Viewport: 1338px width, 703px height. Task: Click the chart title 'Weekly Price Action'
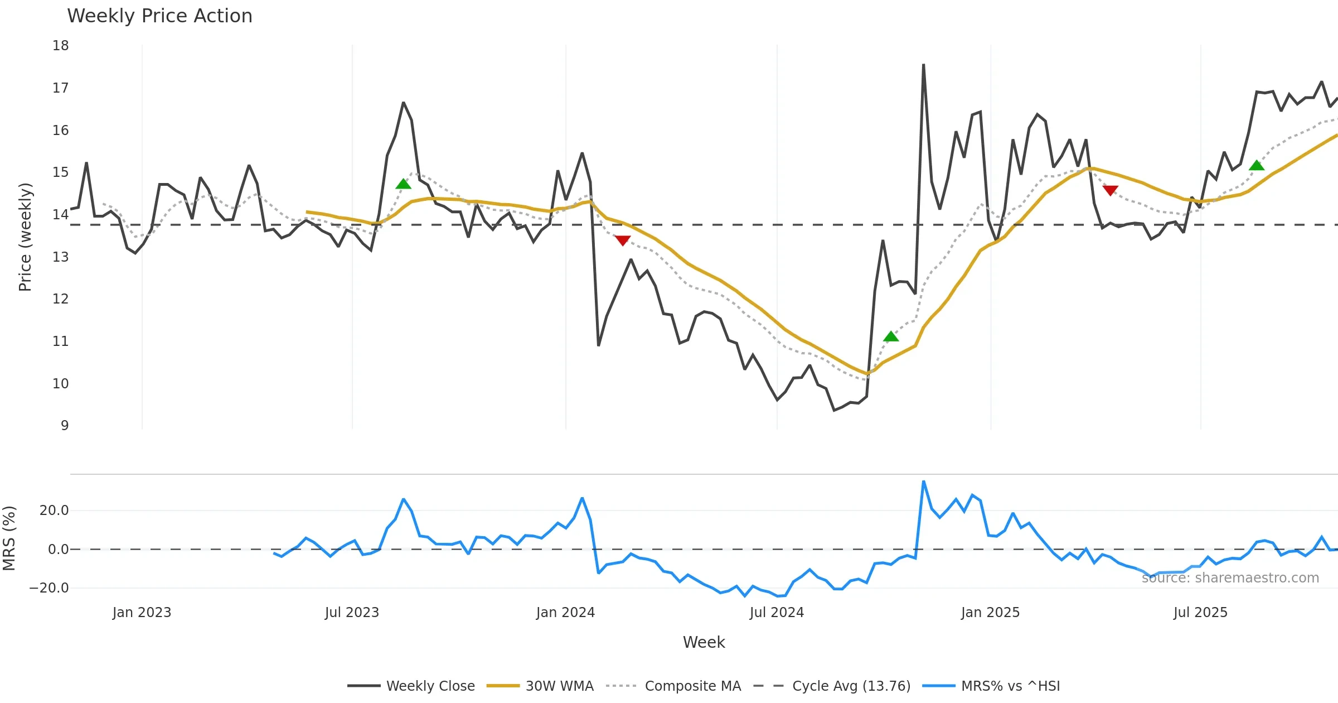(159, 16)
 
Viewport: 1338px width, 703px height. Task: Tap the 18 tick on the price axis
(61, 46)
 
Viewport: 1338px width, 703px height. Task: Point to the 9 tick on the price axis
(65, 426)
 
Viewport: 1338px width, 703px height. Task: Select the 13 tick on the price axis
(61, 257)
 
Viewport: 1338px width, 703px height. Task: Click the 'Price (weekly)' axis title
(25, 237)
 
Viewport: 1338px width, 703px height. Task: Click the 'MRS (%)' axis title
(9, 538)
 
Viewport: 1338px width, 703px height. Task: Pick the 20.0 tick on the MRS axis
(54, 511)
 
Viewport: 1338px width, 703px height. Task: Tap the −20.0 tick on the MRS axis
(49, 588)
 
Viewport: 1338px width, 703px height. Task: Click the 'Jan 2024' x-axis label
(565, 613)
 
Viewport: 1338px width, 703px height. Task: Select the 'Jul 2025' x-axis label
(1200, 613)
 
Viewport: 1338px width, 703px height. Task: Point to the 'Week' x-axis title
(704, 643)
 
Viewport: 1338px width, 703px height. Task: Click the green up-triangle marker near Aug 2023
(403, 184)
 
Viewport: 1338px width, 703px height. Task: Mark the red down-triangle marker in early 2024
(622, 240)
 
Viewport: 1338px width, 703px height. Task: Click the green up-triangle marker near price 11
(891, 336)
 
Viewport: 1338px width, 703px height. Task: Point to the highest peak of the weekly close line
(923, 65)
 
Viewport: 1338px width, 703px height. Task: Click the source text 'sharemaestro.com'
(1230, 578)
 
